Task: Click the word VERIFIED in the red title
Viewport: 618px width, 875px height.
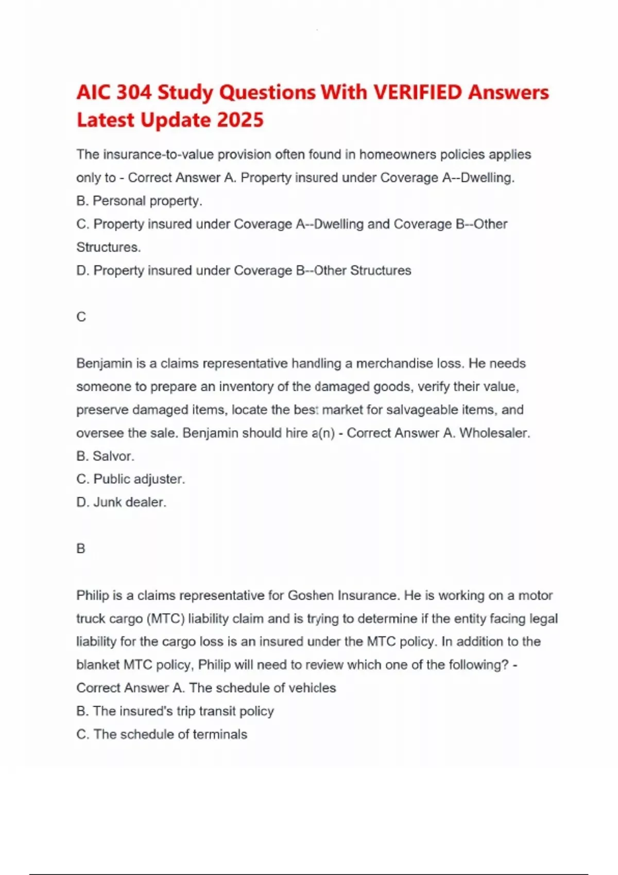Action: pos(418,93)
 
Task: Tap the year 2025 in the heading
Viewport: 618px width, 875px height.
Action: pos(240,120)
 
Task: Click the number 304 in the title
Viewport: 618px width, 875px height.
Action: pos(134,93)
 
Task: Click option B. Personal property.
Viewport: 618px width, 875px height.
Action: pos(139,201)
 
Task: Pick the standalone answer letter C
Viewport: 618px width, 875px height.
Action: pos(81,317)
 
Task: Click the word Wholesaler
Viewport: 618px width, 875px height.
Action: pos(494,433)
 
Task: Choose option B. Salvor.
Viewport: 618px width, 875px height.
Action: pos(105,456)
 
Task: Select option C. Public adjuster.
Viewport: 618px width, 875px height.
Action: pos(130,479)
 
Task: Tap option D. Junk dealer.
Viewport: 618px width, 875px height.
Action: pos(121,502)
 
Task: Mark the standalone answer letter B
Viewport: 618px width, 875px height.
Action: pos(81,549)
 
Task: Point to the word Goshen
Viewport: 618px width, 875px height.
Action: pos(311,596)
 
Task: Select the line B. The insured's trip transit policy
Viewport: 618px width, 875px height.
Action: pos(175,711)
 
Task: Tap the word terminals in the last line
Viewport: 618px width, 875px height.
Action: pos(220,734)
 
